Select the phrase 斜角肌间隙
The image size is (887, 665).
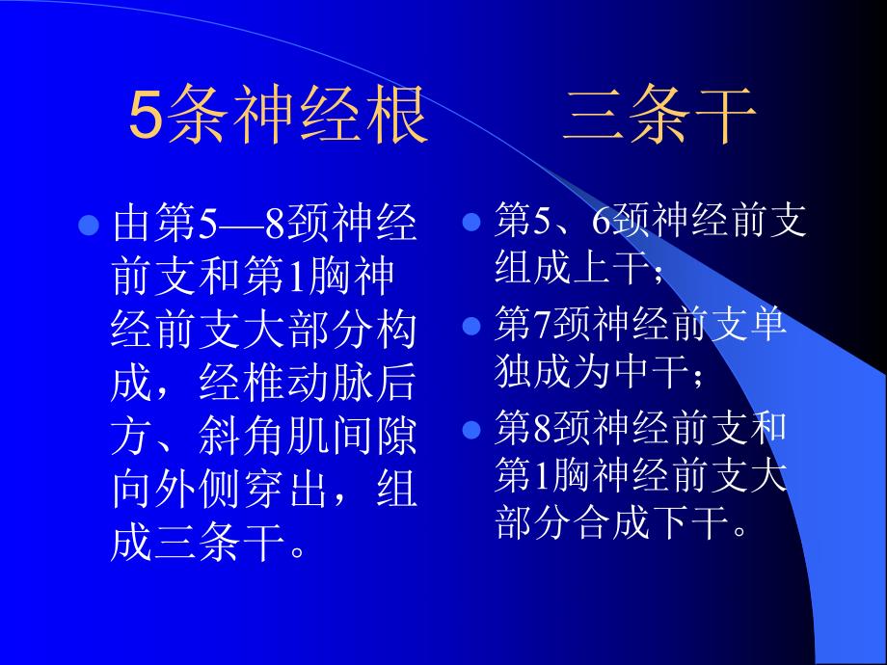click(310, 439)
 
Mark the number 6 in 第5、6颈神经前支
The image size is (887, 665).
click(601, 223)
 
